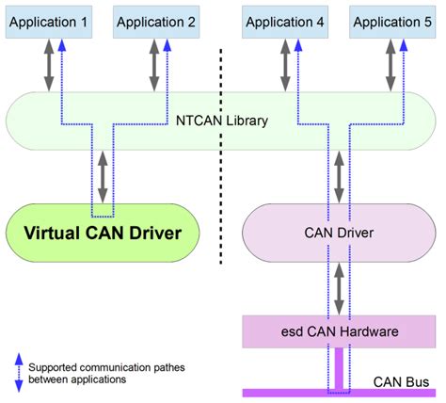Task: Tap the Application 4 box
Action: tap(282, 20)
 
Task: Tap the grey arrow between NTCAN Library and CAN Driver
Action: tap(338, 176)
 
